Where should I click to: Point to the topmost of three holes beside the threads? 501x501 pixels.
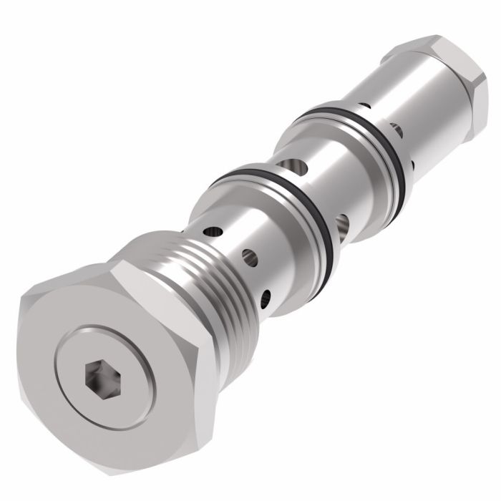pos(213,232)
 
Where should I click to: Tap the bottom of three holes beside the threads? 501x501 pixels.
pos(268,293)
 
